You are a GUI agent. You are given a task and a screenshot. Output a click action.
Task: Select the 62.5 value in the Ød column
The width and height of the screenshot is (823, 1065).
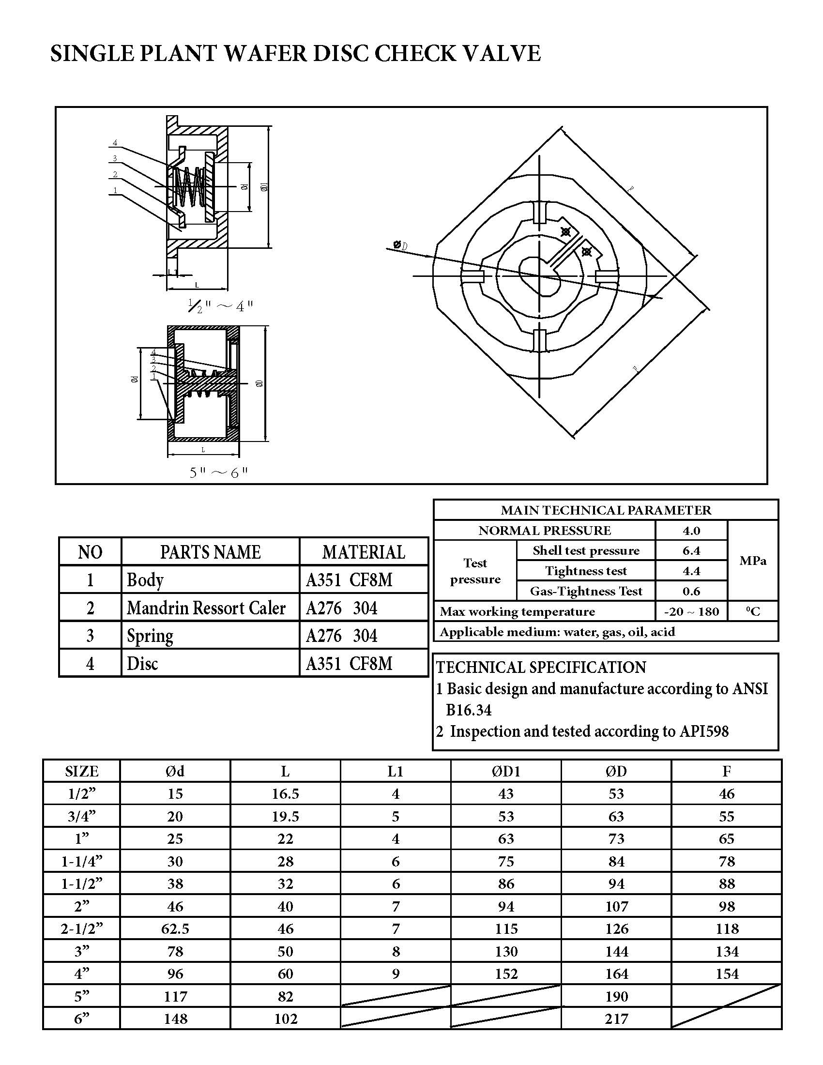tap(175, 929)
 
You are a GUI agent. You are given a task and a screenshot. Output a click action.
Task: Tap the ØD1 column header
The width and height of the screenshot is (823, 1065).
tap(505, 771)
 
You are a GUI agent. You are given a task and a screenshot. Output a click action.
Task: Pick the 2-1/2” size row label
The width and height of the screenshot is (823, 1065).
tap(82, 929)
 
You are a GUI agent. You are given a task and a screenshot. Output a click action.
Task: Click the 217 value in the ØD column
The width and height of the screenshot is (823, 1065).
tap(616, 1019)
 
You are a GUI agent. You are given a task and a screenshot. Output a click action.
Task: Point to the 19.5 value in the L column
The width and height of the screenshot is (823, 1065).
tap(285, 816)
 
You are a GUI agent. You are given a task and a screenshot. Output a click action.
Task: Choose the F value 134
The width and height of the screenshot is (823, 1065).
tap(727, 951)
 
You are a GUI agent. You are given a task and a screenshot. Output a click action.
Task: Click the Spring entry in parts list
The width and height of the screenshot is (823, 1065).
tap(150, 636)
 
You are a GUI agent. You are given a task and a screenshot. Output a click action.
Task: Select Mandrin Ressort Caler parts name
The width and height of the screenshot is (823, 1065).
tap(206, 608)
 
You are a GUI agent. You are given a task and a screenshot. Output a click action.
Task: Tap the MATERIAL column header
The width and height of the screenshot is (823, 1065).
tap(363, 552)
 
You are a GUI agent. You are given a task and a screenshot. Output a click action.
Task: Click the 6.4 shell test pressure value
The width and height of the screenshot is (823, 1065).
tap(691, 550)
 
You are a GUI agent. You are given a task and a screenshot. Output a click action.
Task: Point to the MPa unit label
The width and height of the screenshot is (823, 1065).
tap(753, 561)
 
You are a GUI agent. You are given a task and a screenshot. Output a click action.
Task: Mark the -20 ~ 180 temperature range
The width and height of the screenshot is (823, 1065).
tap(691, 611)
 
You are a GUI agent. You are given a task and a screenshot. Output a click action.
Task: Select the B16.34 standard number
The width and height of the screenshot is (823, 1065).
tap(469, 710)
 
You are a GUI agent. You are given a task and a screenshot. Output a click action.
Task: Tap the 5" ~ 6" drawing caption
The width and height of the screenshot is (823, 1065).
tap(219, 472)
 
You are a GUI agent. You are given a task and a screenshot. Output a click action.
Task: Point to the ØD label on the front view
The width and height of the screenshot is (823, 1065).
tap(400, 245)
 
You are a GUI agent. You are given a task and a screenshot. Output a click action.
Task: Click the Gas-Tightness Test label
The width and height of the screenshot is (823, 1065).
tap(586, 591)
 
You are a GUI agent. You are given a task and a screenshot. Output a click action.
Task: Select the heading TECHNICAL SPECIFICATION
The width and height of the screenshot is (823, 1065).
tap(541, 667)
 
